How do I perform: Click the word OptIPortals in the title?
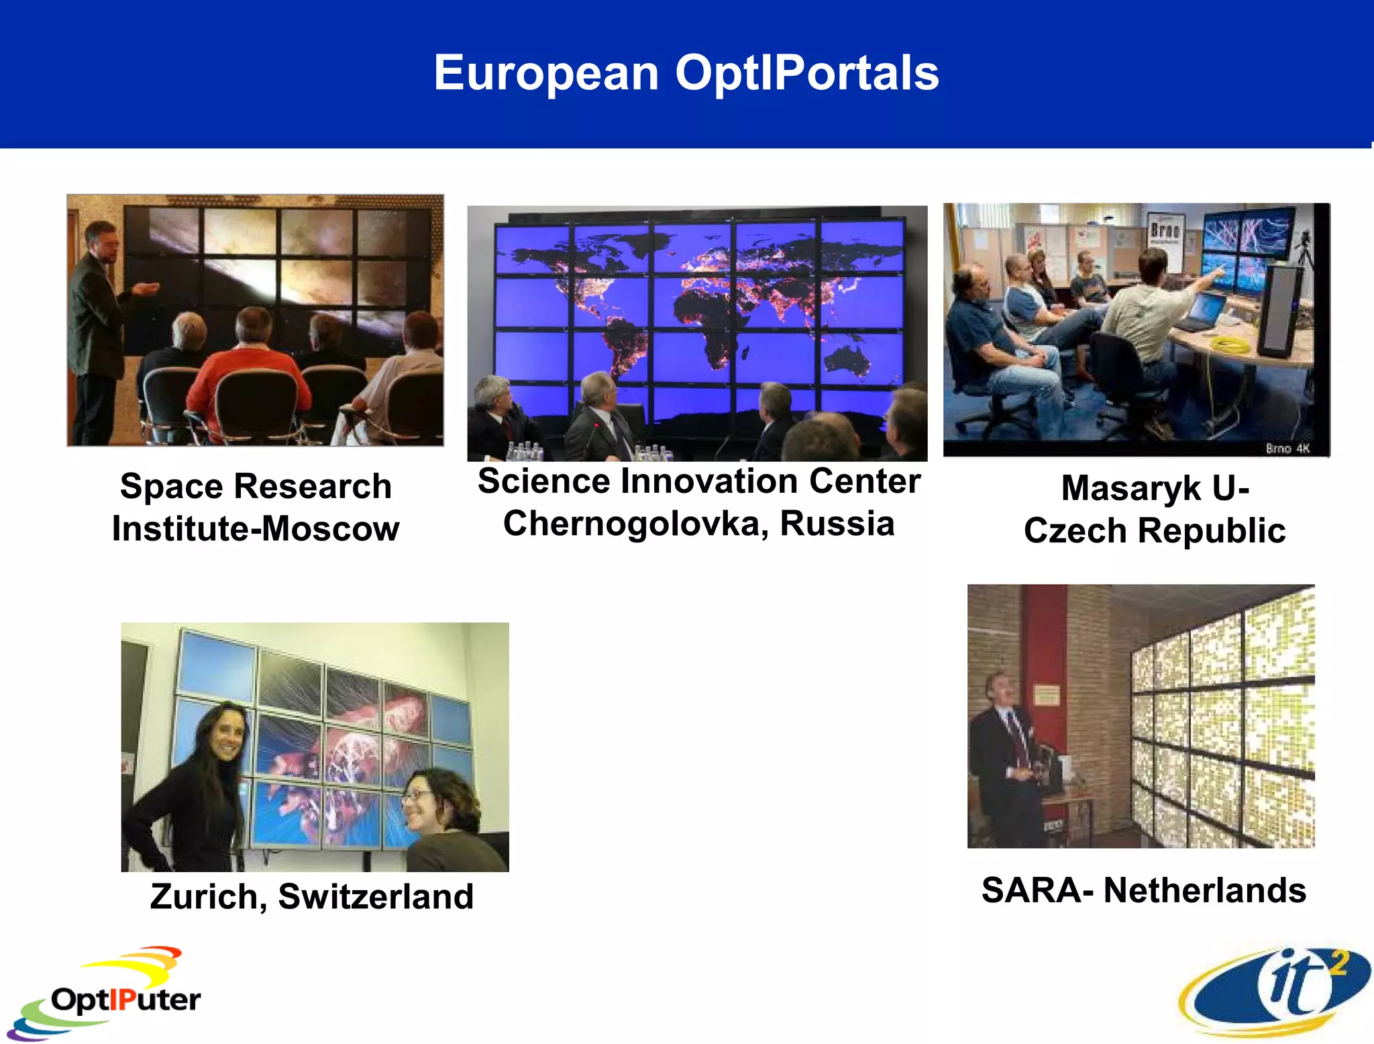tap(806, 73)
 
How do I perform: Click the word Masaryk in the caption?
tap(1131, 488)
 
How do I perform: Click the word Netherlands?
tap(1204, 891)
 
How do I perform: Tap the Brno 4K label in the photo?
tap(1287, 448)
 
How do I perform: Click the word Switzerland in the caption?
tap(376, 897)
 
